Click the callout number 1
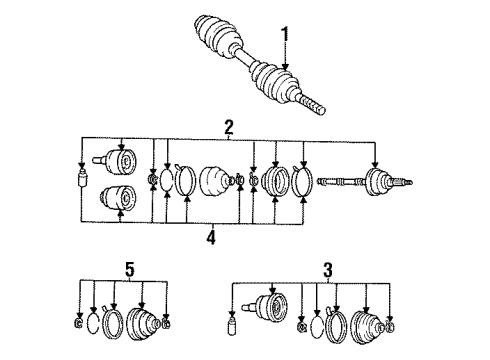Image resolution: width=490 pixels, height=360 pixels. (x=285, y=39)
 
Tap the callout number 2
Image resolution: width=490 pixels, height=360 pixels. (x=229, y=127)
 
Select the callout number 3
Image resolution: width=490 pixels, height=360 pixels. (x=328, y=269)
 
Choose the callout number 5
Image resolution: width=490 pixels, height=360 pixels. (x=130, y=269)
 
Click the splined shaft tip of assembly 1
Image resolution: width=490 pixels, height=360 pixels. (x=312, y=105)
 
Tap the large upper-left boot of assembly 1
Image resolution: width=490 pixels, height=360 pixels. (x=218, y=36)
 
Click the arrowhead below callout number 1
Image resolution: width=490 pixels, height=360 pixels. (x=285, y=67)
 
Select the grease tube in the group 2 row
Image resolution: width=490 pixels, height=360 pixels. (x=82, y=178)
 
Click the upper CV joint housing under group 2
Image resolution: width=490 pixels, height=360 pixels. (x=119, y=161)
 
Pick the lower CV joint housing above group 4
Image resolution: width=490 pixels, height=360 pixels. (x=119, y=197)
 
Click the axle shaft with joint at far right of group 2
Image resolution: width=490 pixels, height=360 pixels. (x=365, y=182)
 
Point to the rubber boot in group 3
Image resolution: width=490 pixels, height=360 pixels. (x=368, y=328)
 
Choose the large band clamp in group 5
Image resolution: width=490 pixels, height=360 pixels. (x=113, y=322)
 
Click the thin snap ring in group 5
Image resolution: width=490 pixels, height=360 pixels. (x=93, y=323)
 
